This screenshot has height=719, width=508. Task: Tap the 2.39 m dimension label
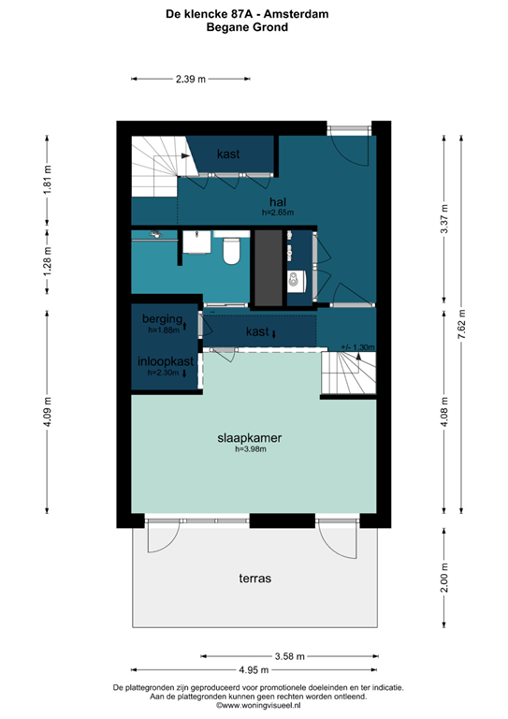pyautogui.click(x=191, y=80)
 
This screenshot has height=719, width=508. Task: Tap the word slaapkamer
pyautogui.click(x=251, y=437)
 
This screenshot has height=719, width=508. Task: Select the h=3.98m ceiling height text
pyautogui.click(x=251, y=449)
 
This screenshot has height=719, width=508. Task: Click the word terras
pyautogui.click(x=254, y=579)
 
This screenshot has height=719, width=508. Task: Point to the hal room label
pyautogui.click(x=277, y=201)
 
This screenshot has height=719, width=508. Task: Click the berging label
pyautogui.click(x=161, y=319)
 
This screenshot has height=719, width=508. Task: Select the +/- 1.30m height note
pyautogui.click(x=358, y=347)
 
